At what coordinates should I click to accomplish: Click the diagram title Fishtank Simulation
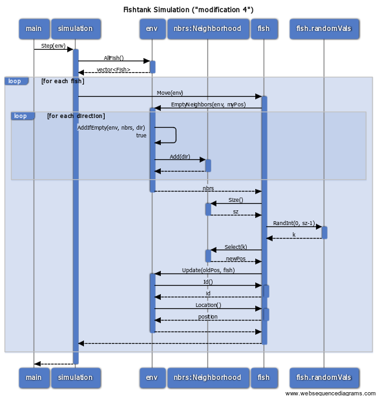188,10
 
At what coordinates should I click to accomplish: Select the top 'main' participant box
34,29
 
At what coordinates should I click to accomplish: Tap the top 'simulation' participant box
76,29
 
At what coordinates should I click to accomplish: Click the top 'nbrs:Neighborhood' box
208,29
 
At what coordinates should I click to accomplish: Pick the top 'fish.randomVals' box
324,29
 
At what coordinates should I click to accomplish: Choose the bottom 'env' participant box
152,377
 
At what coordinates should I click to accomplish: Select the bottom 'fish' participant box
264,377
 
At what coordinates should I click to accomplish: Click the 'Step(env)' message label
53,46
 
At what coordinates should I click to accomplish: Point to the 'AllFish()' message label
114,58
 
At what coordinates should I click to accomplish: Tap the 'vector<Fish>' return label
113,70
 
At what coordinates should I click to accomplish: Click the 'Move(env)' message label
170,93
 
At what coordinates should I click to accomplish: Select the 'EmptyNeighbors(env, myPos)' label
208,104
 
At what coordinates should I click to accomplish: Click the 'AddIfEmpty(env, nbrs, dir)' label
111,128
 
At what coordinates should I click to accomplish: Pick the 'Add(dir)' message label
180,157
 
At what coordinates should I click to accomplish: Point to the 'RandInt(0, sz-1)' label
294,223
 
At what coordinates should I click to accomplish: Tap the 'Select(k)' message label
236,247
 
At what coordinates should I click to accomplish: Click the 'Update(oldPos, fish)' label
208,270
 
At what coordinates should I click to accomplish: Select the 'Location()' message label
208,305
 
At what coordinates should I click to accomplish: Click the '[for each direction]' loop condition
76,116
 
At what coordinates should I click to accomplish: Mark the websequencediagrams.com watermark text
330,393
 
